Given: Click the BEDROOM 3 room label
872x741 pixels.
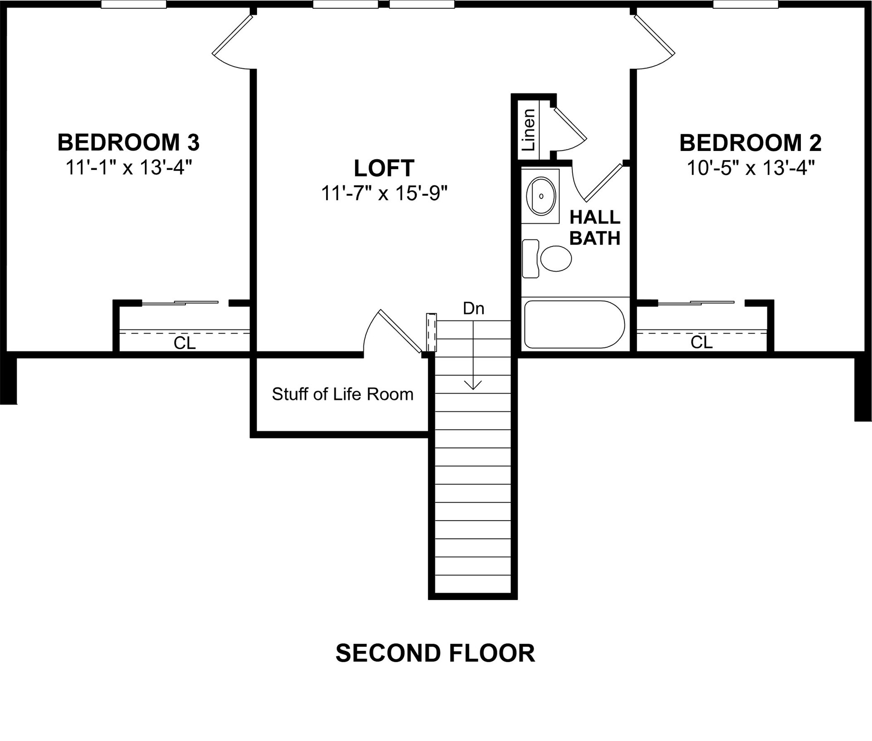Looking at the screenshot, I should click(x=128, y=142).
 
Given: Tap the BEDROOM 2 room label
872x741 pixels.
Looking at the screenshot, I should click(x=750, y=143).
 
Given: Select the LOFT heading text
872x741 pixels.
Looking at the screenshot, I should click(x=384, y=168).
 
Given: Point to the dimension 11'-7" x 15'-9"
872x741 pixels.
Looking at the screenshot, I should click(x=384, y=194).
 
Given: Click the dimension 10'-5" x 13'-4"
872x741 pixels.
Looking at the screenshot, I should click(x=750, y=168).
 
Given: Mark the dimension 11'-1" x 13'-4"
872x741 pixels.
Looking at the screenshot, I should click(x=129, y=168).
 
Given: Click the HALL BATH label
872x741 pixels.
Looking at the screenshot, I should click(x=594, y=228).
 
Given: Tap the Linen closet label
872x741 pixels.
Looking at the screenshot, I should click(x=529, y=130).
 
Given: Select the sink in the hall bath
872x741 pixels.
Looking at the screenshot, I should click(x=541, y=196).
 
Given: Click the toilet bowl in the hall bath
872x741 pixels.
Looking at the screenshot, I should click(x=555, y=259).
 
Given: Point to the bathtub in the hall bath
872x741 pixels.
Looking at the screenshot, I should click(x=574, y=324).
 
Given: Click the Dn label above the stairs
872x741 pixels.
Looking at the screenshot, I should click(x=473, y=309).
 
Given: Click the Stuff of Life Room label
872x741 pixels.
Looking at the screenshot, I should click(x=342, y=394).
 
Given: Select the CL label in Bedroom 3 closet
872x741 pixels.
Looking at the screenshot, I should click(x=185, y=343).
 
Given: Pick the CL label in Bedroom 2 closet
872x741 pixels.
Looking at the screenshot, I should click(x=701, y=343).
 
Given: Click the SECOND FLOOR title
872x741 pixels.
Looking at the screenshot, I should click(x=435, y=653).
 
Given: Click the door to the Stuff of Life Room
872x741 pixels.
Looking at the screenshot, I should click(x=399, y=330).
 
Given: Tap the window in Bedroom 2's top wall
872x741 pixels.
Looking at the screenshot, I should click(x=745, y=5).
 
